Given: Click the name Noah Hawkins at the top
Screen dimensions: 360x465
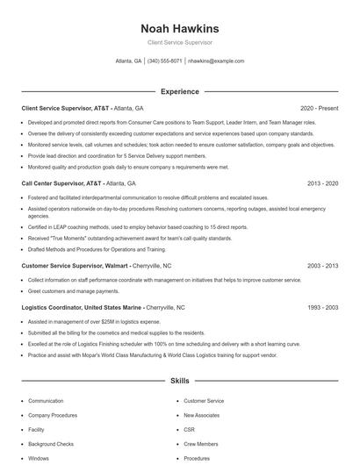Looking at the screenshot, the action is click(x=179, y=28).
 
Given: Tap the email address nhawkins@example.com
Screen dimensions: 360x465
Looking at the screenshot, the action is click(x=216, y=61).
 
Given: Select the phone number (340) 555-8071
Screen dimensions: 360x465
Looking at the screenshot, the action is click(x=164, y=61).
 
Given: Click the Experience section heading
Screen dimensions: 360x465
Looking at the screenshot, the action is click(x=179, y=91).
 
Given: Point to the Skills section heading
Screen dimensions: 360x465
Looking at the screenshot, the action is click(x=179, y=382).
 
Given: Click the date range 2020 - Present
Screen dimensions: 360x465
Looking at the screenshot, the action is click(x=319, y=108).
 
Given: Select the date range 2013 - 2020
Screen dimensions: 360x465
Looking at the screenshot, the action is click(x=322, y=184).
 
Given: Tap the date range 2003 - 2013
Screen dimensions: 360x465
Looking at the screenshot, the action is click(x=322, y=265).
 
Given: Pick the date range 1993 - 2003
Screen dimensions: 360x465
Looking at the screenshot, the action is click(x=322, y=308).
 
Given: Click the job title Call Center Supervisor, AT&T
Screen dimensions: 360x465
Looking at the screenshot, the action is click(x=61, y=184).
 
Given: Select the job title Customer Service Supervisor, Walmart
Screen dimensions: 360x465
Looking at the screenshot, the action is click(x=76, y=265).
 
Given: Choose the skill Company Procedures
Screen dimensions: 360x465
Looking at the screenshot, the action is click(x=52, y=415).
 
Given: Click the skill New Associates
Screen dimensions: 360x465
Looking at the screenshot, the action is click(x=202, y=415).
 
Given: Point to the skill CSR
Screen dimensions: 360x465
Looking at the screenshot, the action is click(x=189, y=430).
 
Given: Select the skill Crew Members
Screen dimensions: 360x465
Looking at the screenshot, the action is click(x=201, y=444).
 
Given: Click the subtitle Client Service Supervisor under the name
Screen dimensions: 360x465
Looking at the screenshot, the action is click(x=179, y=42).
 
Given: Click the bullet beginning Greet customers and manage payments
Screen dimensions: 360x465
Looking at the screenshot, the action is click(x=74, y=290).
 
